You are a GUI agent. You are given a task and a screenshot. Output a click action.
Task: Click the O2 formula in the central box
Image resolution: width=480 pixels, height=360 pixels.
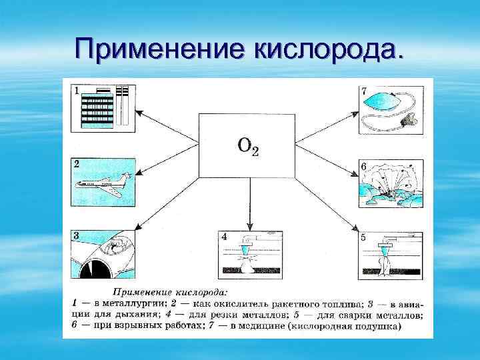[247, 145]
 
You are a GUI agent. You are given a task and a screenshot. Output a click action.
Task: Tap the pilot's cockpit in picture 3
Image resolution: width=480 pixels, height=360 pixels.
[117, 250]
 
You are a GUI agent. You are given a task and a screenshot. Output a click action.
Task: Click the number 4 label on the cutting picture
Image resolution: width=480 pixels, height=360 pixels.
[224, 236]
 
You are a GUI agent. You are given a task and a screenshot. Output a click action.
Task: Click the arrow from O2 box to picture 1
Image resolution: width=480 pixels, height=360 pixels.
[167, 127]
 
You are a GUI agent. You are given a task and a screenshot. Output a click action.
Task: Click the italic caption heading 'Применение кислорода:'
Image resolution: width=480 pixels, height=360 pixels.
[170, 291]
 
